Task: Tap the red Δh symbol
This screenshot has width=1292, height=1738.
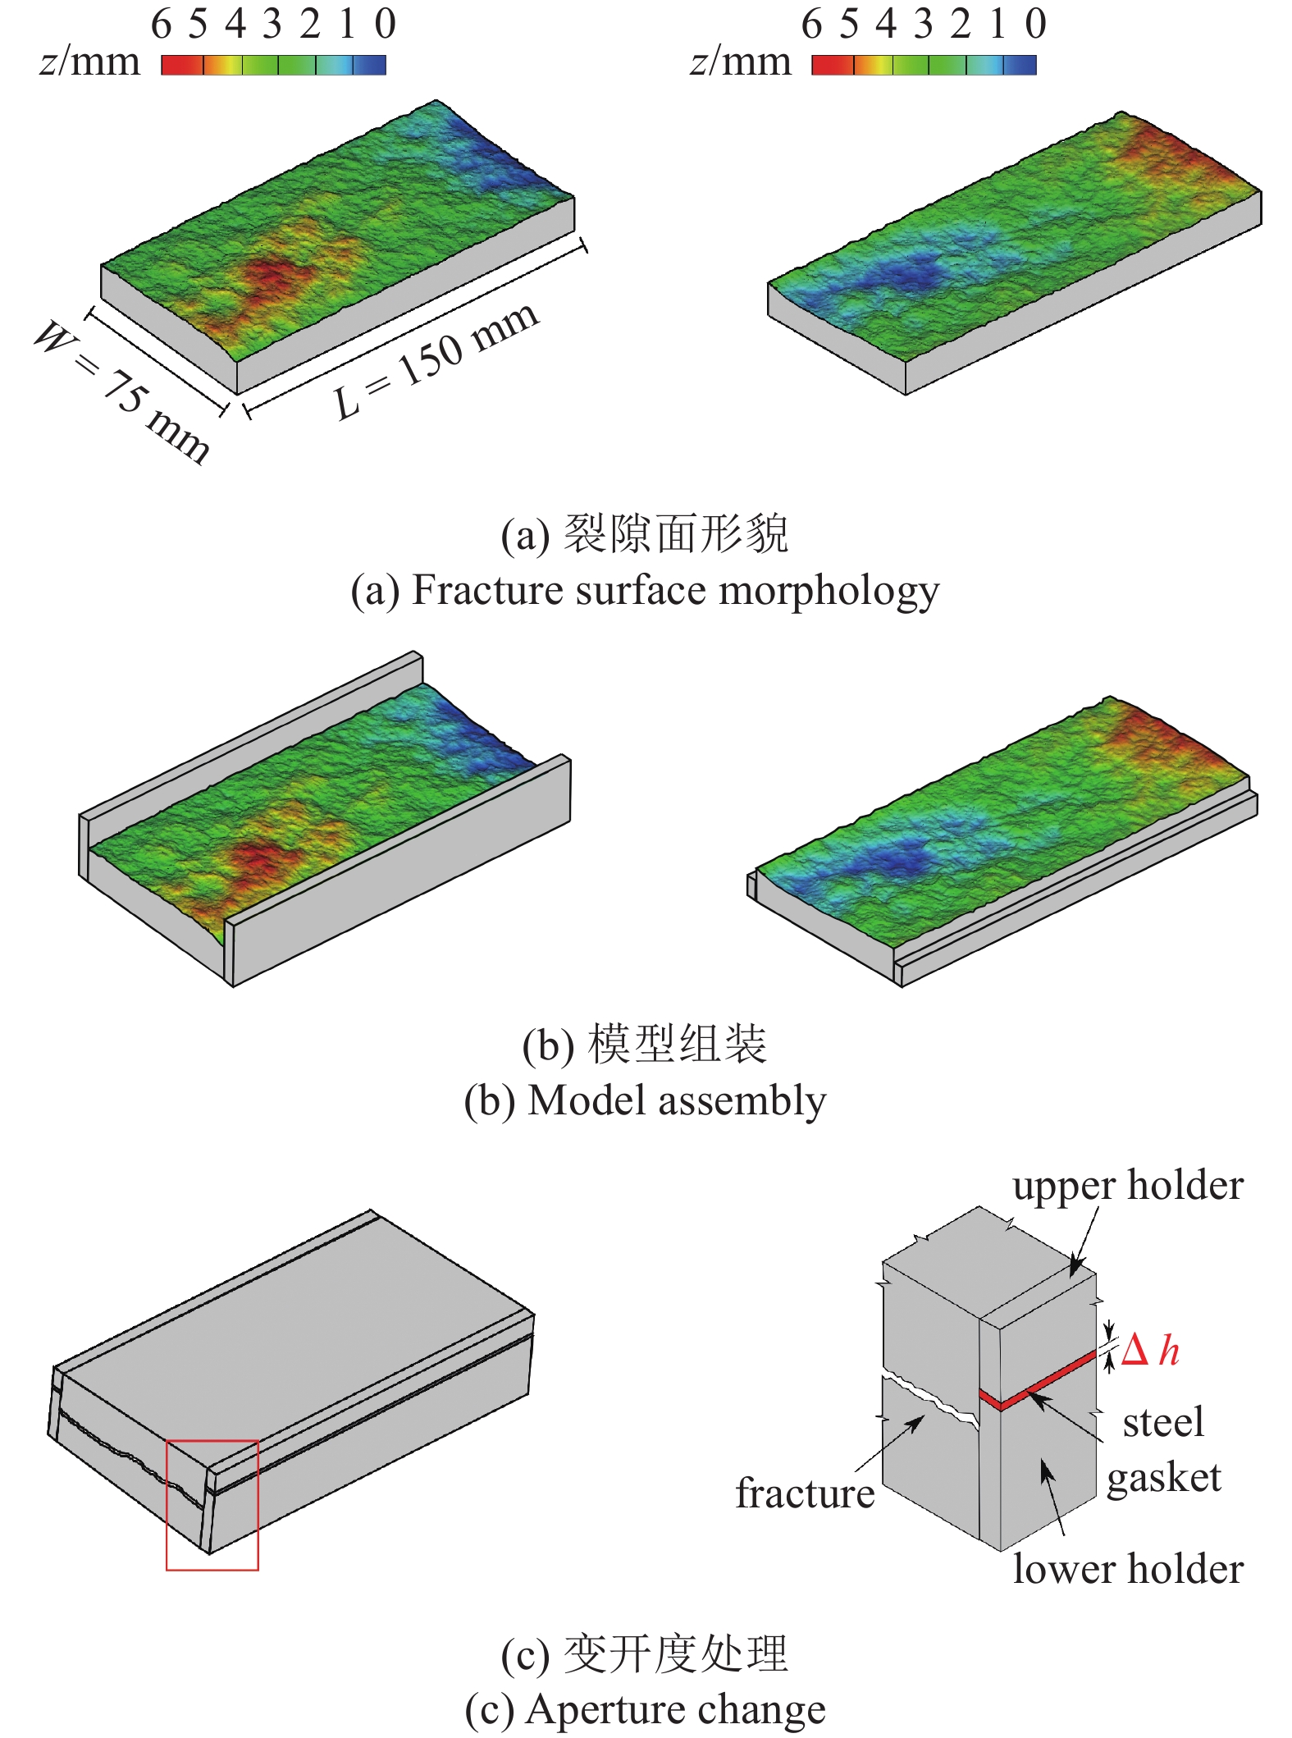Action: click(1149, 1351)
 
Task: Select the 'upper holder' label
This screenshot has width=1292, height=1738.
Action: click(1128, 1187)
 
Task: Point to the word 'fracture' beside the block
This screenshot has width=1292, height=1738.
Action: click(805, 1493)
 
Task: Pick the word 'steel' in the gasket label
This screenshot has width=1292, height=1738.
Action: click(1163, 1423)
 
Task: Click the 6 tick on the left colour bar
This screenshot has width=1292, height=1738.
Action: click(161, 25)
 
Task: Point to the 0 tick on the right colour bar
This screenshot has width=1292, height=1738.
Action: click(1035, 25)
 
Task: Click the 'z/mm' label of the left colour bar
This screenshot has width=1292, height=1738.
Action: click(89, 62)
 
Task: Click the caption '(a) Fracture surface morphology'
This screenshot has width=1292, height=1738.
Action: click(645, 591)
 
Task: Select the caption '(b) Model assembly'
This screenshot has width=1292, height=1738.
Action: click(645, 1100)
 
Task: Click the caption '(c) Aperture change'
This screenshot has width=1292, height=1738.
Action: click(645, 1711)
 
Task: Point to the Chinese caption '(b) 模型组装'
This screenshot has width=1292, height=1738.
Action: click(645, 1045)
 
